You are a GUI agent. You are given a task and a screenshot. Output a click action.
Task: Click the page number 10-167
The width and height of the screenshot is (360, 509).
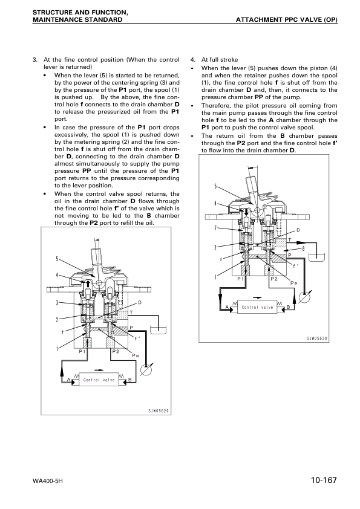pos(324,480)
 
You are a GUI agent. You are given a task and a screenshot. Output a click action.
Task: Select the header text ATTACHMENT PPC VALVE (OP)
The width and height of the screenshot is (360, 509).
pos(287,19)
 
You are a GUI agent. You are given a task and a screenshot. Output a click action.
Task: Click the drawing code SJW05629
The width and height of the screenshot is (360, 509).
pos(159,411)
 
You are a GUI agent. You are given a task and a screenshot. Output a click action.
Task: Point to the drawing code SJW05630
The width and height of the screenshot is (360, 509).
pos(317,339)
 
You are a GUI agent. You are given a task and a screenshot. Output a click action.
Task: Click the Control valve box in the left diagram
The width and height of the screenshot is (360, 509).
pos(99,380)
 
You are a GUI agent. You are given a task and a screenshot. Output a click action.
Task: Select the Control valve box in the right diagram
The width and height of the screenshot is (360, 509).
pos(257,307)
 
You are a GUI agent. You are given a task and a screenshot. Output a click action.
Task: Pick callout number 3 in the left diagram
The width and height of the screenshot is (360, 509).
pos(57,302)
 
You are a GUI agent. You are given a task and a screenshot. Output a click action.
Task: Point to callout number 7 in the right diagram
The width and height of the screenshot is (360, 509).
pos(215,228)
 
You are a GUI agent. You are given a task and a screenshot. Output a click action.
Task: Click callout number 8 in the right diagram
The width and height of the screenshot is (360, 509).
pos(303,249)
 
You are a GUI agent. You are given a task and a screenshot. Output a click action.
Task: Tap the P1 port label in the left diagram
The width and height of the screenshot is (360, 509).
pos(82,351)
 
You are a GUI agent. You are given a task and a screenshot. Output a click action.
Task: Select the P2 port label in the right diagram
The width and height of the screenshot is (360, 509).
pos(274,279)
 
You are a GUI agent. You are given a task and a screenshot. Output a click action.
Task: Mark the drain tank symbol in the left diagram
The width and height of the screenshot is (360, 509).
pos(159,331)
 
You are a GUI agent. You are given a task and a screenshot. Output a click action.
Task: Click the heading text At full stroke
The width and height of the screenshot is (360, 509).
pos(220,60)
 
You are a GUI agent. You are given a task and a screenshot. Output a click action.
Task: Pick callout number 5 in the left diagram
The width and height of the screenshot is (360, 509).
pos(57,259)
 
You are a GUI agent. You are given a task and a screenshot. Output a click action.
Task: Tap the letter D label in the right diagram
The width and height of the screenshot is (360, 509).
pos(298,230)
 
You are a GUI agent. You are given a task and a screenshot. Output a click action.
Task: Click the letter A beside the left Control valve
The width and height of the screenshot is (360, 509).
pos(68,380)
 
